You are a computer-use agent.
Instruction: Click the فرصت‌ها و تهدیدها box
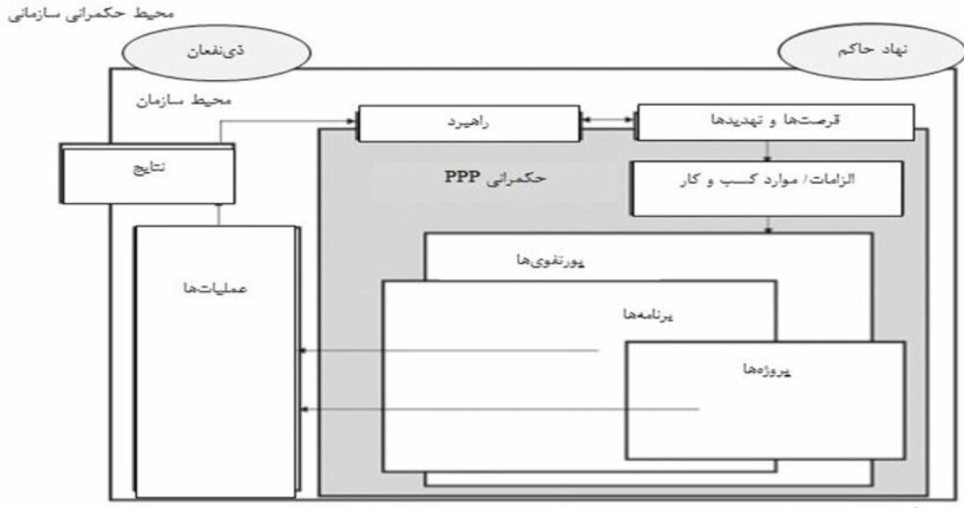775,122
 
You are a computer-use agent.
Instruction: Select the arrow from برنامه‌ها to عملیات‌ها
450,350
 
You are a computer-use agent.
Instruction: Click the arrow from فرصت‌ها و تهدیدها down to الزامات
770,149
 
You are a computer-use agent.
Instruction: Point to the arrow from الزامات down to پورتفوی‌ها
770,225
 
